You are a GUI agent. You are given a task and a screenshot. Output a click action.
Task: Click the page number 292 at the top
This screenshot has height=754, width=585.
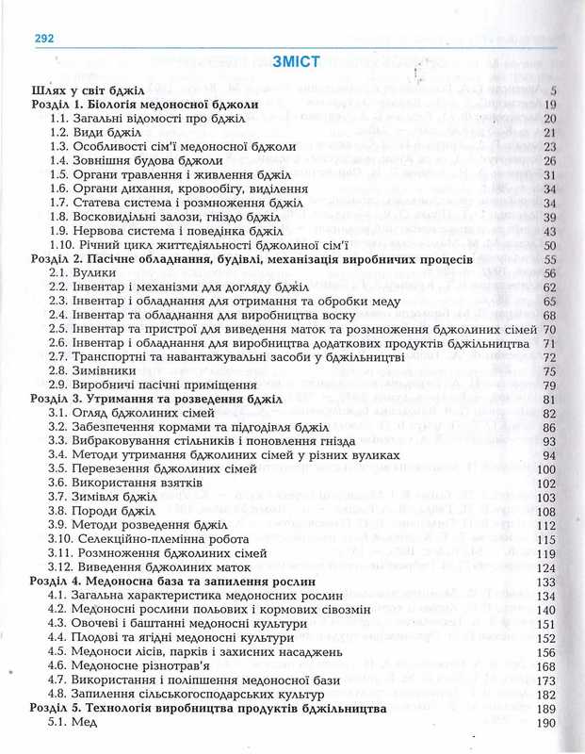[45, 39]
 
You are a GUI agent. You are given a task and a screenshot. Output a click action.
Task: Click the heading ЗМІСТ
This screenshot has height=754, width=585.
[295, 62]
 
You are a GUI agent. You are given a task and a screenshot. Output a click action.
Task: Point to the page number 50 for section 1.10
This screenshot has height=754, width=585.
[550, 244]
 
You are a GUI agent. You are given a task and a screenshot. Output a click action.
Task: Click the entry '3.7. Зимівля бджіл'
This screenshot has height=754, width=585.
[104, 497]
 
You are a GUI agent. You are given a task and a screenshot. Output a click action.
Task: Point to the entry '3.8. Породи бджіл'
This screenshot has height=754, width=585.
[101, 511]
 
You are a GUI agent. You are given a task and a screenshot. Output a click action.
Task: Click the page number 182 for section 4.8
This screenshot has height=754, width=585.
[546, 695]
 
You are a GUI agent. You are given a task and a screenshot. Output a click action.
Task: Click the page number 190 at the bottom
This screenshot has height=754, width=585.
[546, 723]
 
